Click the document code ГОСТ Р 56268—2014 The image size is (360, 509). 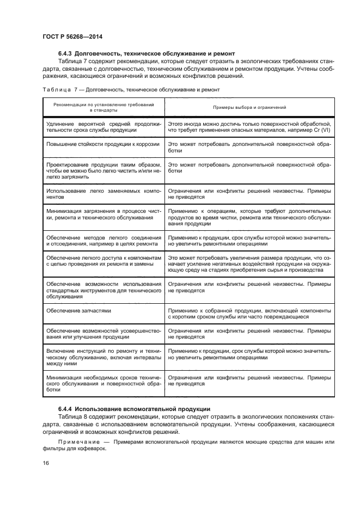pyautogui.click(x=72, y=37)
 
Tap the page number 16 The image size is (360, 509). pyautogui.click(x=45, y=463)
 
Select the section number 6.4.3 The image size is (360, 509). pyautogui.click(x=66, y=53)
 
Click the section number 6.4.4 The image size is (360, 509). pyautogui.click(x=66, y=409)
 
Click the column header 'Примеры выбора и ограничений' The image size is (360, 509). pyautogui.click(x=249, y=107)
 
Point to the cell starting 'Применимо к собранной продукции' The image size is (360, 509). pyautogui.click(x=249, y=312)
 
